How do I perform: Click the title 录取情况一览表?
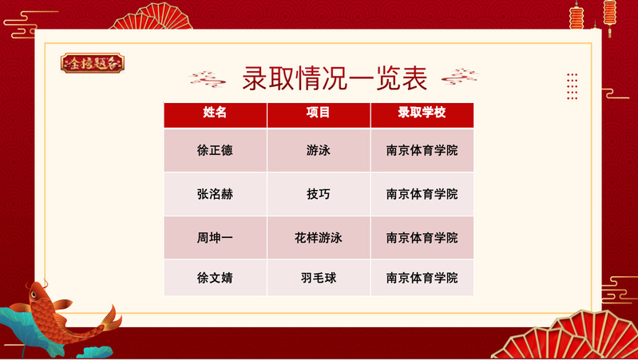click(335, 78)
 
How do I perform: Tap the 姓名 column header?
click(215, 113)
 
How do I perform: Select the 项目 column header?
click(318, 113)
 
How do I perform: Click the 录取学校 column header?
click(422, 113)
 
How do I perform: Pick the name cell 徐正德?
click(215, 151)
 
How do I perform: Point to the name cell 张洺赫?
click(215, 194)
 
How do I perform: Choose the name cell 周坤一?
click(215, 238)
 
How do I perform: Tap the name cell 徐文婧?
click(215, 278)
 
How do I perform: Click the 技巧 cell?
click(318, 194)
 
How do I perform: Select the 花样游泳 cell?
click(318, 238)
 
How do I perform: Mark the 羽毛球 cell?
click(318, 278)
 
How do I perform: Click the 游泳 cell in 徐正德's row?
click(318, 151)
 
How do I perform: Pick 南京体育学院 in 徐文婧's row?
click(422, 278)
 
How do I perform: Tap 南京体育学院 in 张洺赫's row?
click(422, 194)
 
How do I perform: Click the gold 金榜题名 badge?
click(93, 63)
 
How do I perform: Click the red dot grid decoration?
click(572, 86)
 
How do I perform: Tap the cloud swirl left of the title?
click(208, 79)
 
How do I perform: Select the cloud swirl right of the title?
click(460, 77)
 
